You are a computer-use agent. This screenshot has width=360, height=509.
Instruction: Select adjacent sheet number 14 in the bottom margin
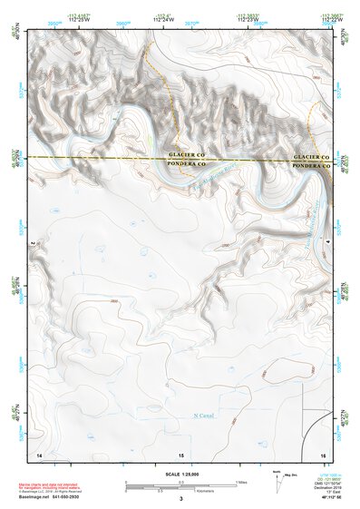pos(39,453)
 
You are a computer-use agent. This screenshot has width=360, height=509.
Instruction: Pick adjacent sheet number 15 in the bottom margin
pos(181,453)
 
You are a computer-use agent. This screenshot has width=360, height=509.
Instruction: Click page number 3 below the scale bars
pos(180,499)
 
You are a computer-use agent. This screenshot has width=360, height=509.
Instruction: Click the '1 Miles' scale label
pos(242,481)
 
